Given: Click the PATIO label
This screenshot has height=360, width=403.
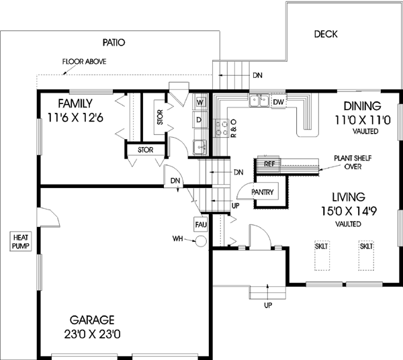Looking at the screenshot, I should (114, 42).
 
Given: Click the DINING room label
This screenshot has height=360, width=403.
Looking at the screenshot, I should (362, 105).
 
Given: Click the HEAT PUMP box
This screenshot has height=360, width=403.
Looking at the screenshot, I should (18, 241).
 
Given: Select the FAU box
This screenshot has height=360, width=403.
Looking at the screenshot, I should (200, 224).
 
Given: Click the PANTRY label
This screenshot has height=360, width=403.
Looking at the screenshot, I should (261, 192).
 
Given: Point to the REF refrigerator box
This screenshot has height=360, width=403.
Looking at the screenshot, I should (269, 163).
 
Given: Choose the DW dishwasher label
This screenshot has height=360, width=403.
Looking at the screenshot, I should (279, 102).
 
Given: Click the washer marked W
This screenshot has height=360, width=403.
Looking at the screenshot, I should (200, 103).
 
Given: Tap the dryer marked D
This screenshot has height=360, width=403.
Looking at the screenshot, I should (199, 120).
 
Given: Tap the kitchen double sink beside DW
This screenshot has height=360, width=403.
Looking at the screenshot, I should (257, 102).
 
